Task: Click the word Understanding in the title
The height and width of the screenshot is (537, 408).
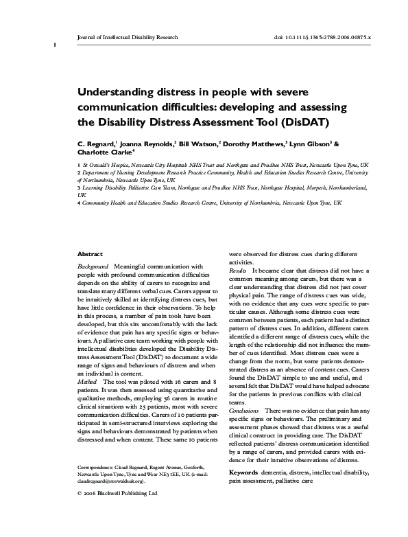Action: [x=117, y=91]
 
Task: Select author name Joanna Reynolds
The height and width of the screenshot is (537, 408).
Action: [x=147, y=145]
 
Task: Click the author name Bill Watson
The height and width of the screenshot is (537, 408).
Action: [x=198, y=145]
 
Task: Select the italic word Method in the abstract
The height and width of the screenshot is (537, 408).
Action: [x=88, y=380]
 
